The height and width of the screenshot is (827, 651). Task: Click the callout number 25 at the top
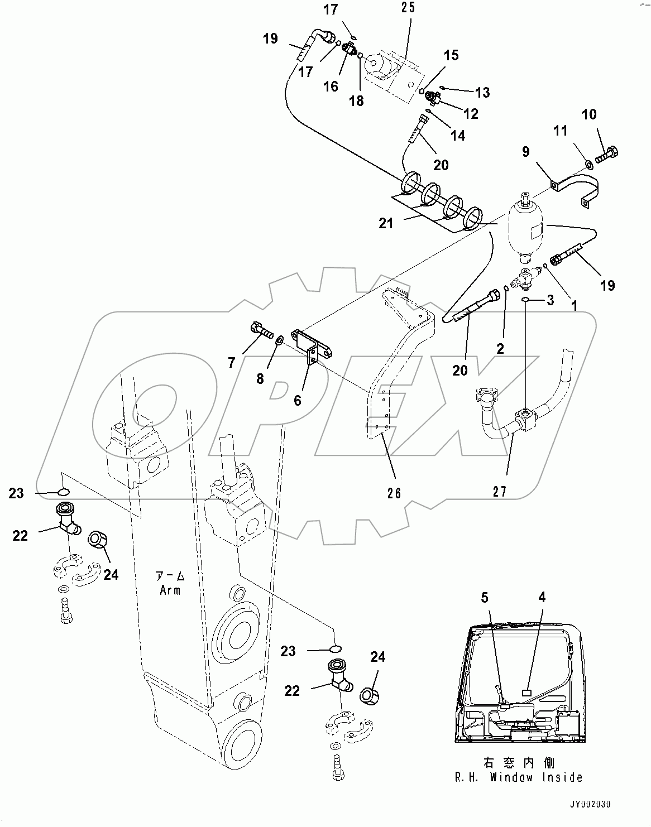coord(409,8)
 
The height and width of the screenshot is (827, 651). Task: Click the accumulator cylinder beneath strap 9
coord(525,229)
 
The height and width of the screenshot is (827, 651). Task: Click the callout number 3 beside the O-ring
coord(551,300)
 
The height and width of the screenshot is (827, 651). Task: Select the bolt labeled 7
coord(262,330)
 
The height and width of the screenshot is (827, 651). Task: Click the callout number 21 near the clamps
coord(386,224)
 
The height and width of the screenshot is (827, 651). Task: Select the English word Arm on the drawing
coord(170,590)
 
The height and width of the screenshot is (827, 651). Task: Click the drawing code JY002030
coord(590,805)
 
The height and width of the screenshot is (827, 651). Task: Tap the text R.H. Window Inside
coord(519,777)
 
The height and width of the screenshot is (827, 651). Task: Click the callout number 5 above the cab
coord(485,598)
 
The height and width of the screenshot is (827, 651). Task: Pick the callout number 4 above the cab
coord(541,598)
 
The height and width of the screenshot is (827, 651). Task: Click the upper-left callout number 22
coord(21,536)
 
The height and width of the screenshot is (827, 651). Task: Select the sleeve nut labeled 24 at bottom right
coord(369,695)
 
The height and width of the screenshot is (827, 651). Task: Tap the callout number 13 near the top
coord(482,92)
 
